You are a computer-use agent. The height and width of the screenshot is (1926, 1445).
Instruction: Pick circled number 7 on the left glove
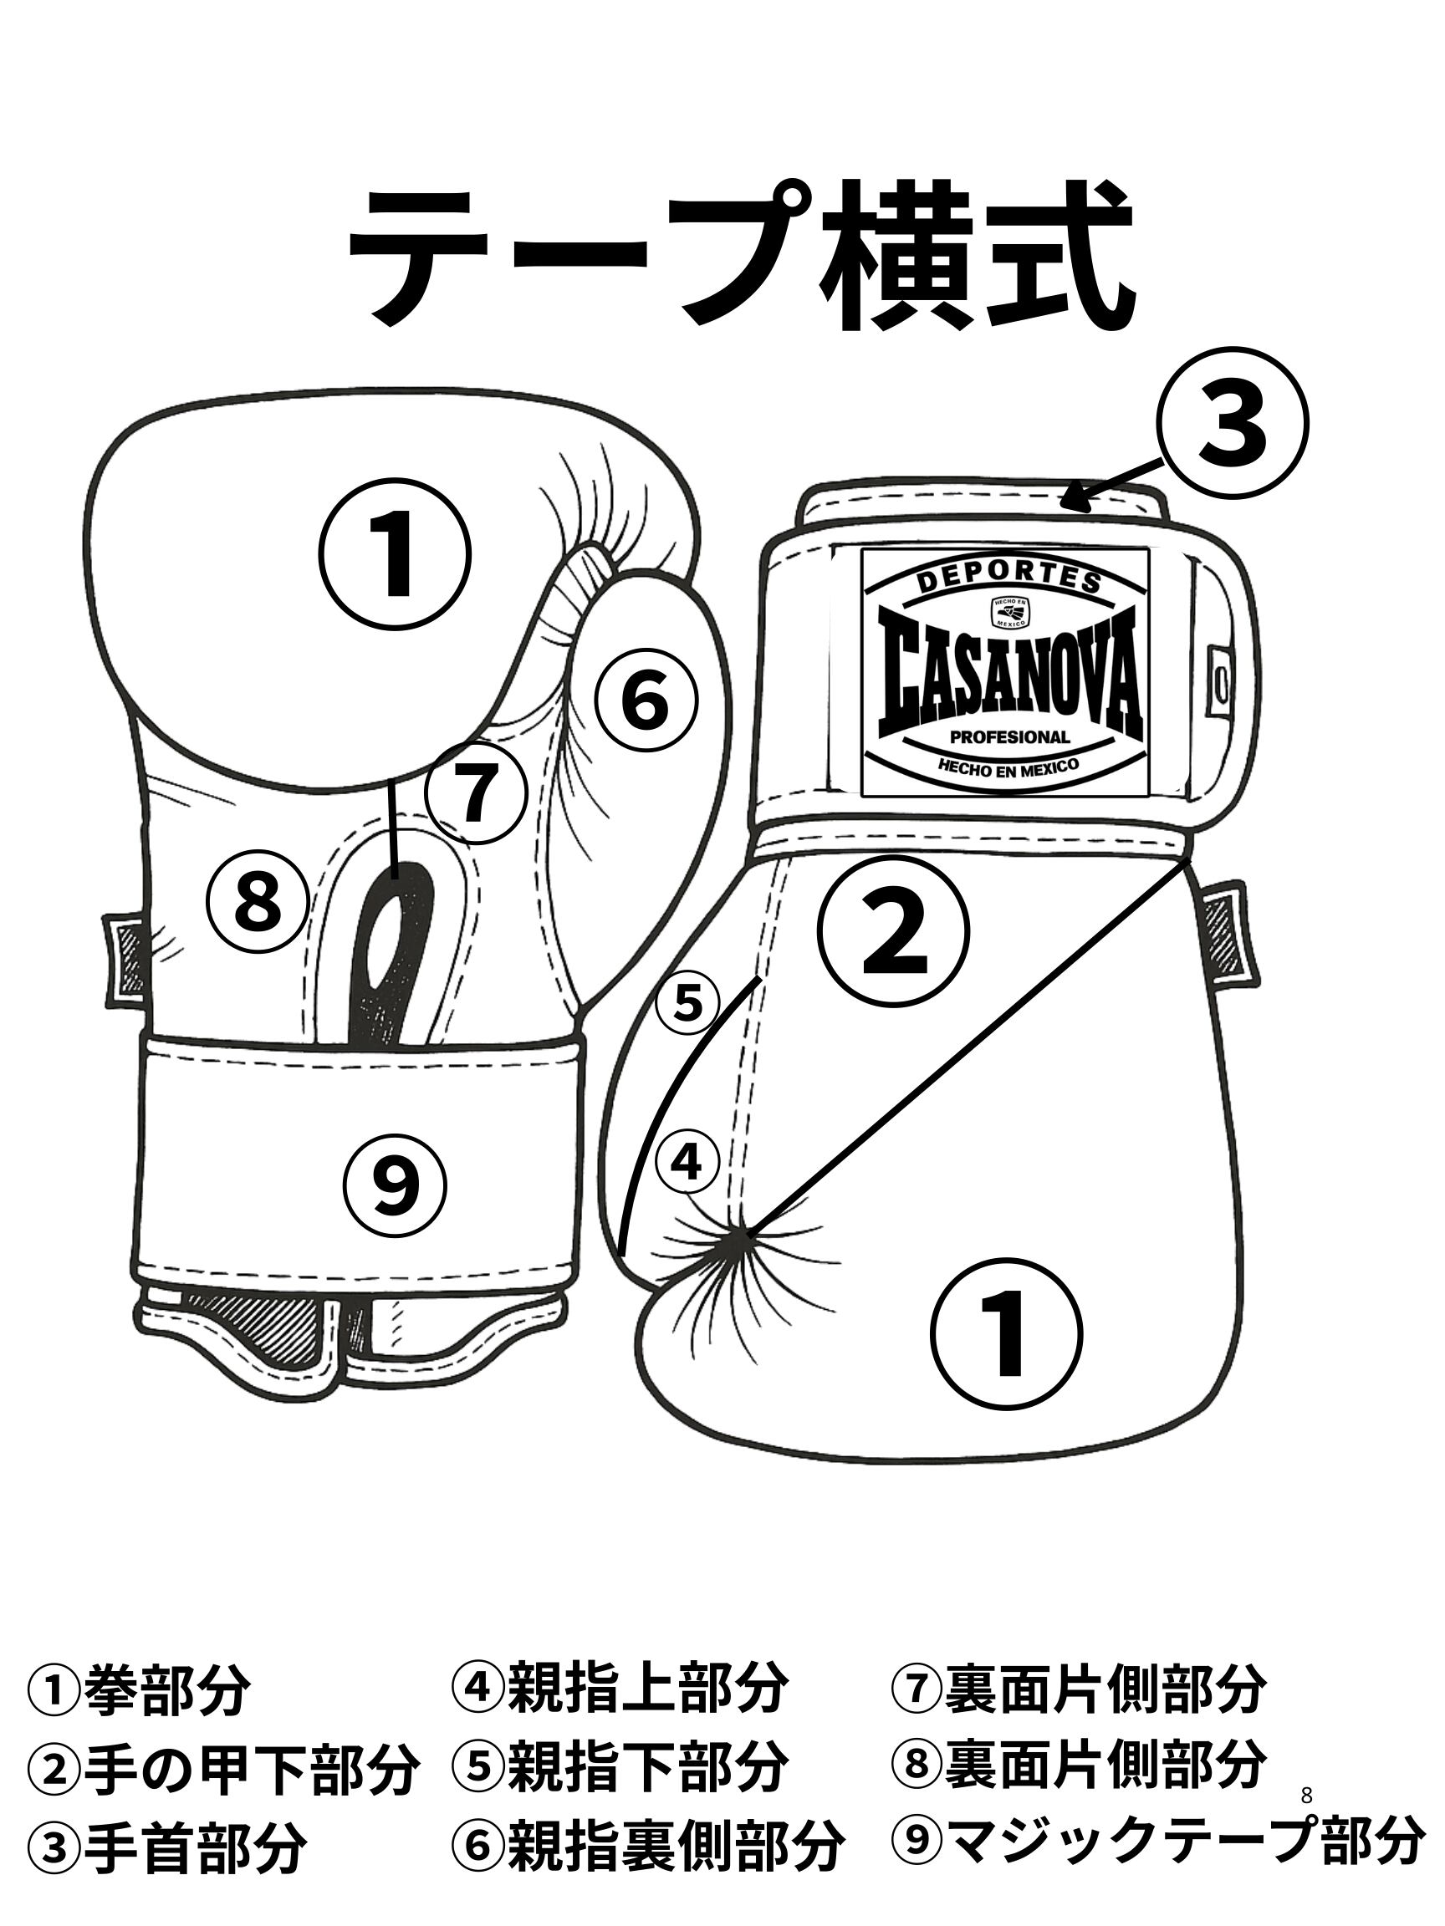[477, 793]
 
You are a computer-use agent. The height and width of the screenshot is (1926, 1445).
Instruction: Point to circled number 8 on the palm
[258, 899]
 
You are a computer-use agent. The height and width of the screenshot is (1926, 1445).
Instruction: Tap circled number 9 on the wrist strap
[395, 1184]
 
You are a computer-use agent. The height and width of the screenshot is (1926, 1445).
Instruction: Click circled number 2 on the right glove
[895, 930]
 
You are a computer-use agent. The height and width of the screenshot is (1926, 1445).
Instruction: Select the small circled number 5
[687, 1005]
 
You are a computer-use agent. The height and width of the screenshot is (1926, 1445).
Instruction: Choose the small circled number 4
[687, 1160]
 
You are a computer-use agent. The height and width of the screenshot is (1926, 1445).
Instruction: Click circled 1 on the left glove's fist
[397, 553]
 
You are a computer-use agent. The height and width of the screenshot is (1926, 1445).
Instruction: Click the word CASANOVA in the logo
[1006, 672]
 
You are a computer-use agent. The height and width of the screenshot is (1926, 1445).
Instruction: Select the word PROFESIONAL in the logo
[1008, 736]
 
